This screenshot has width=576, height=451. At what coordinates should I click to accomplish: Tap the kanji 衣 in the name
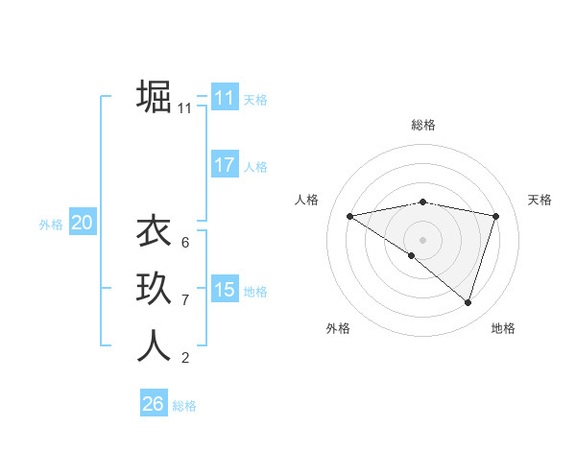(154, 233)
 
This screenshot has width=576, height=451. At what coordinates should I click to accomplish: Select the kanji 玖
(154, 289)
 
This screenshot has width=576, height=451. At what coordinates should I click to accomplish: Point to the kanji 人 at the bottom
(154, 344)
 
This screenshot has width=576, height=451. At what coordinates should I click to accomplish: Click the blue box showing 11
(224, 98)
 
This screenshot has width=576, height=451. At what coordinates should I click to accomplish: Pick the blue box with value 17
(224, 165)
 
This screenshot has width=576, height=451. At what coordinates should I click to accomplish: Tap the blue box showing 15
(224, 290)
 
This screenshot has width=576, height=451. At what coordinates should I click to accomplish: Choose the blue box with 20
(82, 223)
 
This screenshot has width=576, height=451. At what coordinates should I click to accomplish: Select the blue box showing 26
(153, 404)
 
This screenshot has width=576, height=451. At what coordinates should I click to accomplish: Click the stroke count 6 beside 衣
(184, 243)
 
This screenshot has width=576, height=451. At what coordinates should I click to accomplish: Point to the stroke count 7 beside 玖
(184, 300)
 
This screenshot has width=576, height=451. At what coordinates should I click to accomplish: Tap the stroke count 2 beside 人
(184, 358)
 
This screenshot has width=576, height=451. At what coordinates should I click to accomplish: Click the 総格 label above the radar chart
(422, 125)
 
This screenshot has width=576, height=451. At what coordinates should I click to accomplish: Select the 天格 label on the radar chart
(540, 200)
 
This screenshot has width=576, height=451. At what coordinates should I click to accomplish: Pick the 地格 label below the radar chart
(503, 328)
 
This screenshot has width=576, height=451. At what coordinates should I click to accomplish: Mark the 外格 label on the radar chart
(338, 328)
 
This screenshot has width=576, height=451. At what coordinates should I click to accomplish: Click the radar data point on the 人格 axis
(349, 216)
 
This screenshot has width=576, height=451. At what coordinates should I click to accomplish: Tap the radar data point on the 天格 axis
(495, 216)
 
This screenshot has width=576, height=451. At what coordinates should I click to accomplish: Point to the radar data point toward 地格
(468, 302)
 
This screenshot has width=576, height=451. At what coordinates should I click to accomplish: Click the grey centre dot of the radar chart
(422, 239)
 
